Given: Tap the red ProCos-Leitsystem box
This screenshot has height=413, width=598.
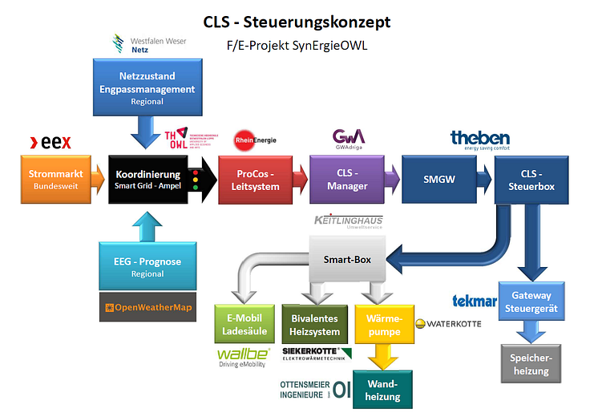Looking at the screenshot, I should pos(258,180).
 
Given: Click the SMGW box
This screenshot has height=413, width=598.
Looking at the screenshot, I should pos(439,180).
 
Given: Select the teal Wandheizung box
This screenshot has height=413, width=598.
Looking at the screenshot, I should pos(382,389).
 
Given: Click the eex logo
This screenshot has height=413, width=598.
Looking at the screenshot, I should pos(51,143).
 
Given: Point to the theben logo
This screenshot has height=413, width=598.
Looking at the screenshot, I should pos(480,140).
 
